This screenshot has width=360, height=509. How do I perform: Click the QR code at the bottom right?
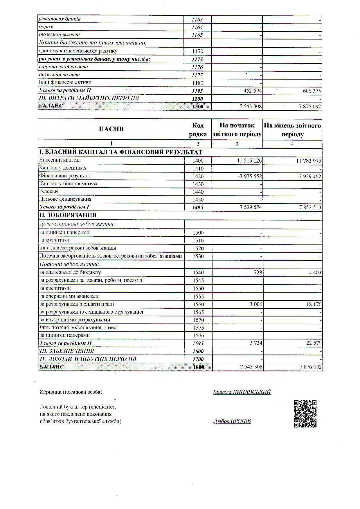click(x=305, y=414)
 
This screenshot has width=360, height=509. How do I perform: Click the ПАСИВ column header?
click(x=111, y=129)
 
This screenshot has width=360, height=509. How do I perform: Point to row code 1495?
click(x=198, y=207)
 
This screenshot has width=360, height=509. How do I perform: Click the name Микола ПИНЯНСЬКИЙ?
click(x=242, y=392)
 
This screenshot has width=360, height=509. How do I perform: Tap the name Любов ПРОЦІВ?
click(x=232, y=421)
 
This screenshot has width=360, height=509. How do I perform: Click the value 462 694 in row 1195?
click(x=253, y=91)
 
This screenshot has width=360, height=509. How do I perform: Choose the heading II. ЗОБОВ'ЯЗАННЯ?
click(x=68, y=215)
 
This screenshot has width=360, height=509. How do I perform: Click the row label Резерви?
click(x=48, y=191)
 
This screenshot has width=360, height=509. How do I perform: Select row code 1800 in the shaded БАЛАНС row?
click(x=198, y=367)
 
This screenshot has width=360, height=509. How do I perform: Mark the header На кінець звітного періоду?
click(x=292, y=130)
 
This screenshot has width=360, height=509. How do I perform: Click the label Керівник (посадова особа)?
click(x=71, y=392)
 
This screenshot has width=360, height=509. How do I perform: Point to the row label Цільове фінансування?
click(x=65, y=199)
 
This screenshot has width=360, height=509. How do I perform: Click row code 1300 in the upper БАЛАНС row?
click(x=198, y=107)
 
